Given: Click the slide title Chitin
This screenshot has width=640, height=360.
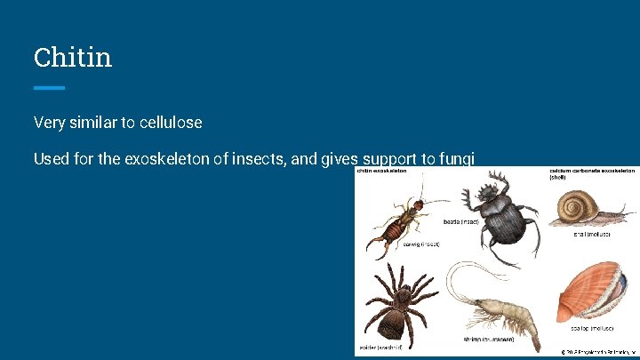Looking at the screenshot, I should [73, 58].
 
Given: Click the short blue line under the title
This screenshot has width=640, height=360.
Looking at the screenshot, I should [49, 87].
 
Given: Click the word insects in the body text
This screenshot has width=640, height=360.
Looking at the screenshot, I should [279, 159].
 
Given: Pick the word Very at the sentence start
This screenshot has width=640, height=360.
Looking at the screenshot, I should [50, 121].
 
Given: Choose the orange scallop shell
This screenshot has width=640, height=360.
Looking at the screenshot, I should [595, 294].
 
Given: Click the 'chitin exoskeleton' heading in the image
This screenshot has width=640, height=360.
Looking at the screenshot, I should [382, 170].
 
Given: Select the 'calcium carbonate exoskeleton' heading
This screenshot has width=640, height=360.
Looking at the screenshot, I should [592, 170].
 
